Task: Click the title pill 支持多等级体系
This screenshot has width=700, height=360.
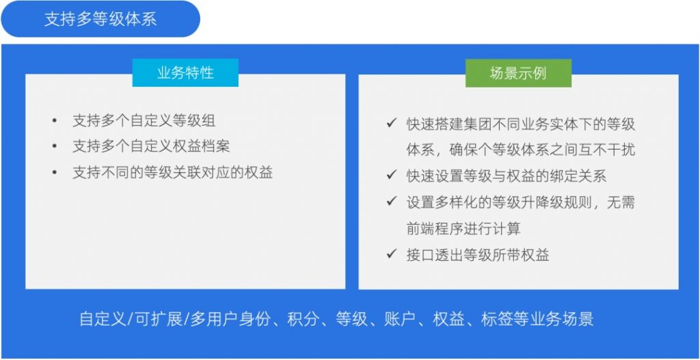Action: (100, 19)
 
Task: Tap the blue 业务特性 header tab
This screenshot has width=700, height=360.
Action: (185, 72)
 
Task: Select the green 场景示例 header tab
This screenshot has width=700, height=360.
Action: (518, 73)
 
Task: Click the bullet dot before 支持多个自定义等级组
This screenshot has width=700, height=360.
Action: (55, 120)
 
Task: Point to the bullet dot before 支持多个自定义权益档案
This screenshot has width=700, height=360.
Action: (55, 146)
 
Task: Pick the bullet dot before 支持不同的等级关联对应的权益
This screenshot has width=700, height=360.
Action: (55, 172)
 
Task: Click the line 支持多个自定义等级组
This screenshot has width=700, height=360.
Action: (144, 120)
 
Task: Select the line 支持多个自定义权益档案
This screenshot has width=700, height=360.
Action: (151, 146)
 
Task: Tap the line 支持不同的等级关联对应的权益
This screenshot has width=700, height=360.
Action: (173, 172)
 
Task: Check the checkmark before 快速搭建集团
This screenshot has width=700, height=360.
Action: (392, 123)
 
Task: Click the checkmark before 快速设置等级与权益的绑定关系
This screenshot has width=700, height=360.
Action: (392, 176)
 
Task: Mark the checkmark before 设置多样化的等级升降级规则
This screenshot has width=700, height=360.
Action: (392, 202)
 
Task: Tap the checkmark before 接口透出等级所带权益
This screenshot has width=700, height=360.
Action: (392, 254)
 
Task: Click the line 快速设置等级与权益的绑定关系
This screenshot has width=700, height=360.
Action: (507, 176)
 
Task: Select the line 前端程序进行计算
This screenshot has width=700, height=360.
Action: (463, 228)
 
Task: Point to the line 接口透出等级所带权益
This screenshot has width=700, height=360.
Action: (478, 255)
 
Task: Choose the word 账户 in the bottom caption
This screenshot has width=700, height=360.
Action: (400, 320)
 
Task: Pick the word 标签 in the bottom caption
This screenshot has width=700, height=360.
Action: (498, 320)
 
